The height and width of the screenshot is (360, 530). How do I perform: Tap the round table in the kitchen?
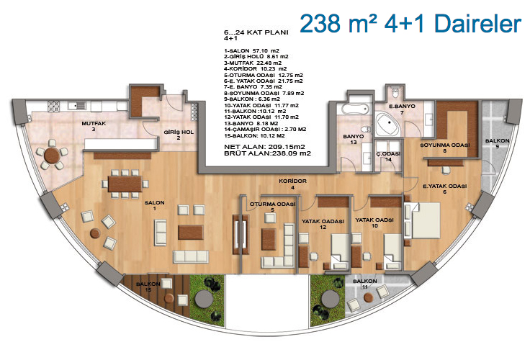(52, 155)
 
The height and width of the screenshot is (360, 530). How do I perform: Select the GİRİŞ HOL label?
(179, 135)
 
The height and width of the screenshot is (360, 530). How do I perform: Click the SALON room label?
(155, 205)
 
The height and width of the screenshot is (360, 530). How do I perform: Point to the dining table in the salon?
(125, 184)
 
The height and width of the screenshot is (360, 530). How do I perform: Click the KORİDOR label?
(292, 184)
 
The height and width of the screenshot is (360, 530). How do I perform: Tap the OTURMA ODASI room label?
(272, 207)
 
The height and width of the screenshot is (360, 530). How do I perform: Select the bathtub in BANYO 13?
(354, 109)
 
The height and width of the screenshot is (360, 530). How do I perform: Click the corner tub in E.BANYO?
(388, 125)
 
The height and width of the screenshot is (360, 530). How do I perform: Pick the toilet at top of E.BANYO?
(395, 92)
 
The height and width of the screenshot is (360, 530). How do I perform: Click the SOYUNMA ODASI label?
(445, 148)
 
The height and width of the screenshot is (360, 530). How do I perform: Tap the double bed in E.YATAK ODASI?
(423, 220)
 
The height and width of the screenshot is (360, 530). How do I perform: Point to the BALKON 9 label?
(497, 143)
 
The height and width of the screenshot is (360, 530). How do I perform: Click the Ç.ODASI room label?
(388, 156)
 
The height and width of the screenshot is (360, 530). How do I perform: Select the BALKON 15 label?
(148, 287)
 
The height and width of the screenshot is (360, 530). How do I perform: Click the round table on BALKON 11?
(368, 298)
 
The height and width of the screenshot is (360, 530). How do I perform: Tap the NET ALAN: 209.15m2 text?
(264, 147)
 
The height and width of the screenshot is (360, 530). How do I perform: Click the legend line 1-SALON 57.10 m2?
(251, 50)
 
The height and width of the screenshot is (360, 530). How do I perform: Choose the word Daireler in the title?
(477, 24)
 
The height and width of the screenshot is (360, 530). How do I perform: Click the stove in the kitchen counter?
(54, 106)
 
